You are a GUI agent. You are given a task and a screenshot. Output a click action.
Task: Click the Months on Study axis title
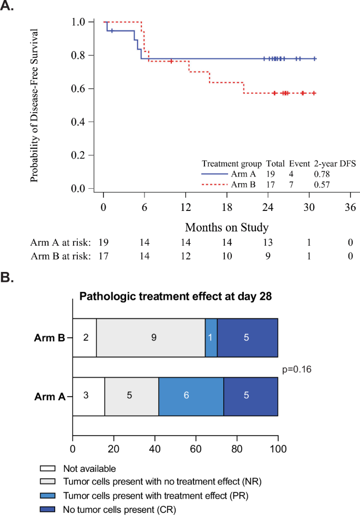tap(227, 228)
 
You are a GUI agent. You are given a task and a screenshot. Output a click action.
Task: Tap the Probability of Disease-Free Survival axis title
tap(34, 105)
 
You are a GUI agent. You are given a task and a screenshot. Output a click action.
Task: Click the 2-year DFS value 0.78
tap(322, 173)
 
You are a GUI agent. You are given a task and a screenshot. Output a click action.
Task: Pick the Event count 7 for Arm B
tap(295, 184)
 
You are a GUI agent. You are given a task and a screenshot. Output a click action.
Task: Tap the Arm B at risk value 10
tap(227, 256)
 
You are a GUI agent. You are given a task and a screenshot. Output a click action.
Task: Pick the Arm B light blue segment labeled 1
tap(211, 337)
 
